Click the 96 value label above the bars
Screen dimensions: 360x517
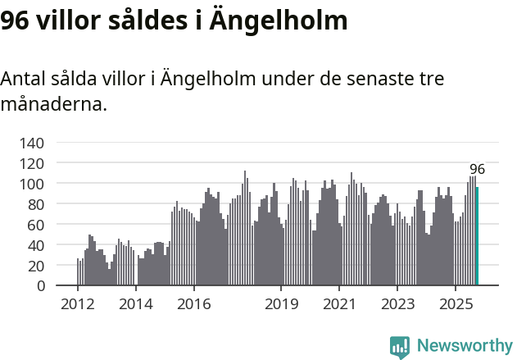[x=477, y=170]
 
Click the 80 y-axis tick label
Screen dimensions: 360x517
[x=36, y=204]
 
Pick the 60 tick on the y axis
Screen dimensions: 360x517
[x=36, y=225]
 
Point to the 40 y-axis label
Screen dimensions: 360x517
[x=36, y=245]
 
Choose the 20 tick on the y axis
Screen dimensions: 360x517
[x=36, y=266]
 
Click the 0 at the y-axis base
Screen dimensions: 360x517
[x=40, y=286]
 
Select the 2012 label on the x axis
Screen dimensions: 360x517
[x=78, y=304]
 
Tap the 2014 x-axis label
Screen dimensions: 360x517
[x=136, y=304]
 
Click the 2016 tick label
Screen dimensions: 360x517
[x=193, y=304]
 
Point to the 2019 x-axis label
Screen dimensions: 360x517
[x=281, y=304]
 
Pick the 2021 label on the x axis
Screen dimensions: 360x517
[x=339, y=304]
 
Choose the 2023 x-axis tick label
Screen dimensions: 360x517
[x=397, y=304]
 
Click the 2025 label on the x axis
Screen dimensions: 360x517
[x=456, y=304]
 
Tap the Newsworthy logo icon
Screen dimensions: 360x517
[x=399, y=347]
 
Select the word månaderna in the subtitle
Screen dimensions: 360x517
[x=53, y=105]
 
